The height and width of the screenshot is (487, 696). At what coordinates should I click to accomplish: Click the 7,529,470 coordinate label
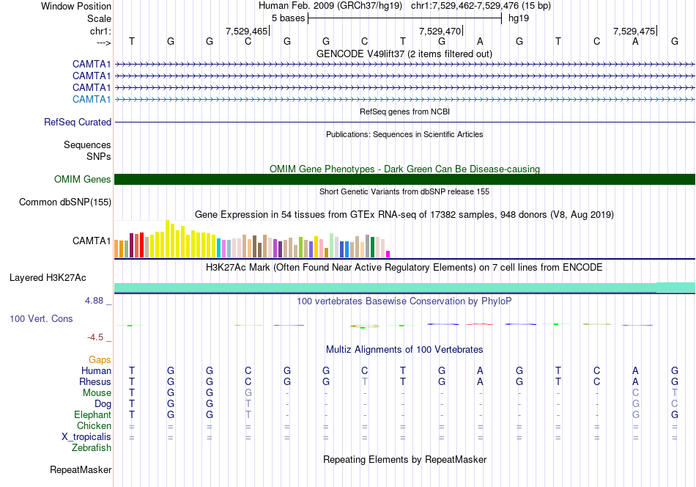pyautogui.click(x=440, y=31)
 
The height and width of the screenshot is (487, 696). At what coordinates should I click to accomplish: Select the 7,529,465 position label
pyautogui.click(x=246, y=31)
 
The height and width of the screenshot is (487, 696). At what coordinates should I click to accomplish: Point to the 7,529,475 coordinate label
pyautogui.click(x=634, y=31)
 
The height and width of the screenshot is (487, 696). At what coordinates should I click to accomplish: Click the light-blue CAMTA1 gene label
pyautogui.click(x=92, y=99)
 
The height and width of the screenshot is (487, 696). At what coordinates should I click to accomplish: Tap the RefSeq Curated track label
pyautogui.click(x=78, y=122)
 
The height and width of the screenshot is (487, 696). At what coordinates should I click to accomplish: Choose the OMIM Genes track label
pyautogui.click(x=83, y=179)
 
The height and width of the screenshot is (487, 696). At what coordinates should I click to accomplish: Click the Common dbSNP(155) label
pyautogui.click(x=65, y=202)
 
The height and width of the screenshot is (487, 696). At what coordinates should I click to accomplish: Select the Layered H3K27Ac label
pyautogui.click(x=48, y=278)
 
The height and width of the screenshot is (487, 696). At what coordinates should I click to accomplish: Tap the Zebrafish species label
pyautogui.click(x=92, y=447)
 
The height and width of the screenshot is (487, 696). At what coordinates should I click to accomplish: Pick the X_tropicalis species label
pyautogui.click(x=86, y=437)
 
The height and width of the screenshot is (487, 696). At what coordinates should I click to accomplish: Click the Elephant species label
pyautogui.click(x=93, y=414)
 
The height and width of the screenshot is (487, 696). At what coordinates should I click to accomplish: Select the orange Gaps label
pyautogui.click(x=100, y=359)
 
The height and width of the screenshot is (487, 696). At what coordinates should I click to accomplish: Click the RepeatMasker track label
pyautogui.click(x=81, y=469)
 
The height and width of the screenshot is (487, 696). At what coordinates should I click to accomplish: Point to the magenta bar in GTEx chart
pyautogui.click(x=388, y=255)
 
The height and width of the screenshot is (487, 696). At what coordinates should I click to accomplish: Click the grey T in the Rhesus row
pyautogui.click(x=364, y=381)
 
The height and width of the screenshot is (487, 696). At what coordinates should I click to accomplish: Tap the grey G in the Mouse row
pyautogui.click(x=248, y=393)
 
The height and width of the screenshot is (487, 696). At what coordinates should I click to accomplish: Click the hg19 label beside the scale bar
pyautogui.click(x=519, y=18)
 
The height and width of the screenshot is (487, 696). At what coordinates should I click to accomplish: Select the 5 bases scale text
pyautogui.click(x=289, y=18)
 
